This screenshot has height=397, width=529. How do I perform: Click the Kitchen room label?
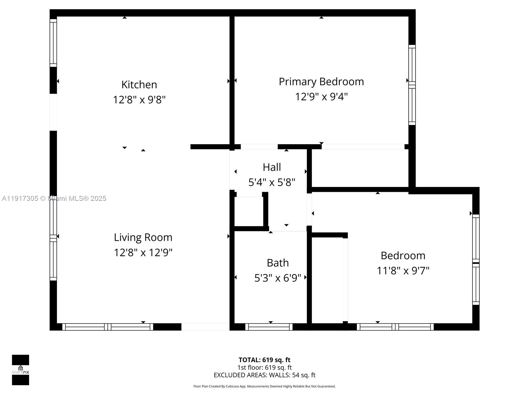[139, 85]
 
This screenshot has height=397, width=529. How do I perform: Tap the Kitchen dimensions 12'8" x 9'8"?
[139, 100]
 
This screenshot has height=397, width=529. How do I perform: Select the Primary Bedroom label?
[321, 82]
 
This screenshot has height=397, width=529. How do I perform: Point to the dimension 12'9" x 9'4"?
[321, 97]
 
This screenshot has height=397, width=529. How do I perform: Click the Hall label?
[272, 167]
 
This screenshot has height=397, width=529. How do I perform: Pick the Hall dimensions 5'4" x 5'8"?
[272, 182]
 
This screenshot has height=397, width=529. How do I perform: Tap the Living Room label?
[143, 238]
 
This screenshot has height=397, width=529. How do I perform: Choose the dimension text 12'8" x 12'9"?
[143, 253]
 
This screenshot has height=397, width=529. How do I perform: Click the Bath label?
[278, 263]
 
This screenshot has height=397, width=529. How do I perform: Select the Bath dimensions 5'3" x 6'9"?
[278, 278]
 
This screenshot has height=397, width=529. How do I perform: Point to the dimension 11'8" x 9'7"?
[403, 271]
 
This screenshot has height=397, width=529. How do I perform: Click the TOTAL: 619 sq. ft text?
[264, 360]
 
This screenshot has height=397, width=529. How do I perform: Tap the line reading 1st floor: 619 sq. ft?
[264, 368]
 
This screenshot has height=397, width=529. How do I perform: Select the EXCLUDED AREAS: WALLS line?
[264, 375]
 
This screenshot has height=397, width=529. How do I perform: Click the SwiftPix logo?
[20, 370]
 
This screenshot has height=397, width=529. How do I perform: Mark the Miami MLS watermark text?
[54, 198]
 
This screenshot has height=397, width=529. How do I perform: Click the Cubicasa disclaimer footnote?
[264, 386]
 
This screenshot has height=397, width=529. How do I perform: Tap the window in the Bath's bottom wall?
[269, 327]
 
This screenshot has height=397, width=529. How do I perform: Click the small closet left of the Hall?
[249, 212]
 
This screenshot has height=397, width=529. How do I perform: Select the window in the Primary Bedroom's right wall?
[412, 85]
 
